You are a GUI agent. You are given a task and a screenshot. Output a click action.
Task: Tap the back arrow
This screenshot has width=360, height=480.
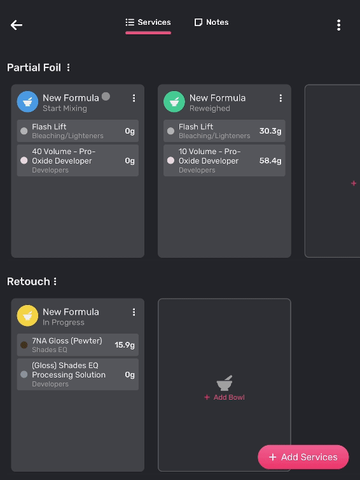tap(17, 25)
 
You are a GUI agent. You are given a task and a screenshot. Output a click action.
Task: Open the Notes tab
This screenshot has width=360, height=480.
tap(211, 22)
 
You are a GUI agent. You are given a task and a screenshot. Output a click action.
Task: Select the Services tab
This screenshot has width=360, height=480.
tap(148, 22)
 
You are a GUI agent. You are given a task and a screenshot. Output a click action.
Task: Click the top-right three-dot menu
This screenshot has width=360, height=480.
tap(338, 25)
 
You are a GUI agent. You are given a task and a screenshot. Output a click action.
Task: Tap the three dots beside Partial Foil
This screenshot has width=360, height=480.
tap(69, 67)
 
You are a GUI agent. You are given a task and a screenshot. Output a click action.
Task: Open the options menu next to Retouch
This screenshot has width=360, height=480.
tap(55, 281)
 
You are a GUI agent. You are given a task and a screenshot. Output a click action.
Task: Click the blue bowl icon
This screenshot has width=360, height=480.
tap(27, 102)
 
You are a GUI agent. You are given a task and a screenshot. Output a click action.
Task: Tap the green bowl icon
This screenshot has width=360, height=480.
tap(174, 102)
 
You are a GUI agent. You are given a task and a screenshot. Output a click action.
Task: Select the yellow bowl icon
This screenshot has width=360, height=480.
tap(27, 316)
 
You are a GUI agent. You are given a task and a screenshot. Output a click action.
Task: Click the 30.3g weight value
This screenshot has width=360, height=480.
tap(270, 131)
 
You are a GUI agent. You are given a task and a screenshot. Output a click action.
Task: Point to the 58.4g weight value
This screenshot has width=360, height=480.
tap(270, 160)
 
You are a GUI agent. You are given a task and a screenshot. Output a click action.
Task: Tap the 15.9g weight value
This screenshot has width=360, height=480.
tap(125, 345)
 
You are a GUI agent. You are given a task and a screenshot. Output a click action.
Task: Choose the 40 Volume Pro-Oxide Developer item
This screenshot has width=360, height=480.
tap(78, 160)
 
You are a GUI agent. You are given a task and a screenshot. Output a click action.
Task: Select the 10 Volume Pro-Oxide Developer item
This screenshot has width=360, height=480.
tap(225, 160)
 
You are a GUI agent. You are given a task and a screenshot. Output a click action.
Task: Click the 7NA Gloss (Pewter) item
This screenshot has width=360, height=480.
tap(78, 344)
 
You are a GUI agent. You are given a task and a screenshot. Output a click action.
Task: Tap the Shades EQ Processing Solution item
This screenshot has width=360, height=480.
tap(78, 374)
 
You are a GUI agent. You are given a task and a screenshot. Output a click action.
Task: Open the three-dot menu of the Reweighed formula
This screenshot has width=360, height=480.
tap(280, 98)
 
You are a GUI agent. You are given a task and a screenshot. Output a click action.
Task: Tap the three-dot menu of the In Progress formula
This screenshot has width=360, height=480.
tap(134, 312)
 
